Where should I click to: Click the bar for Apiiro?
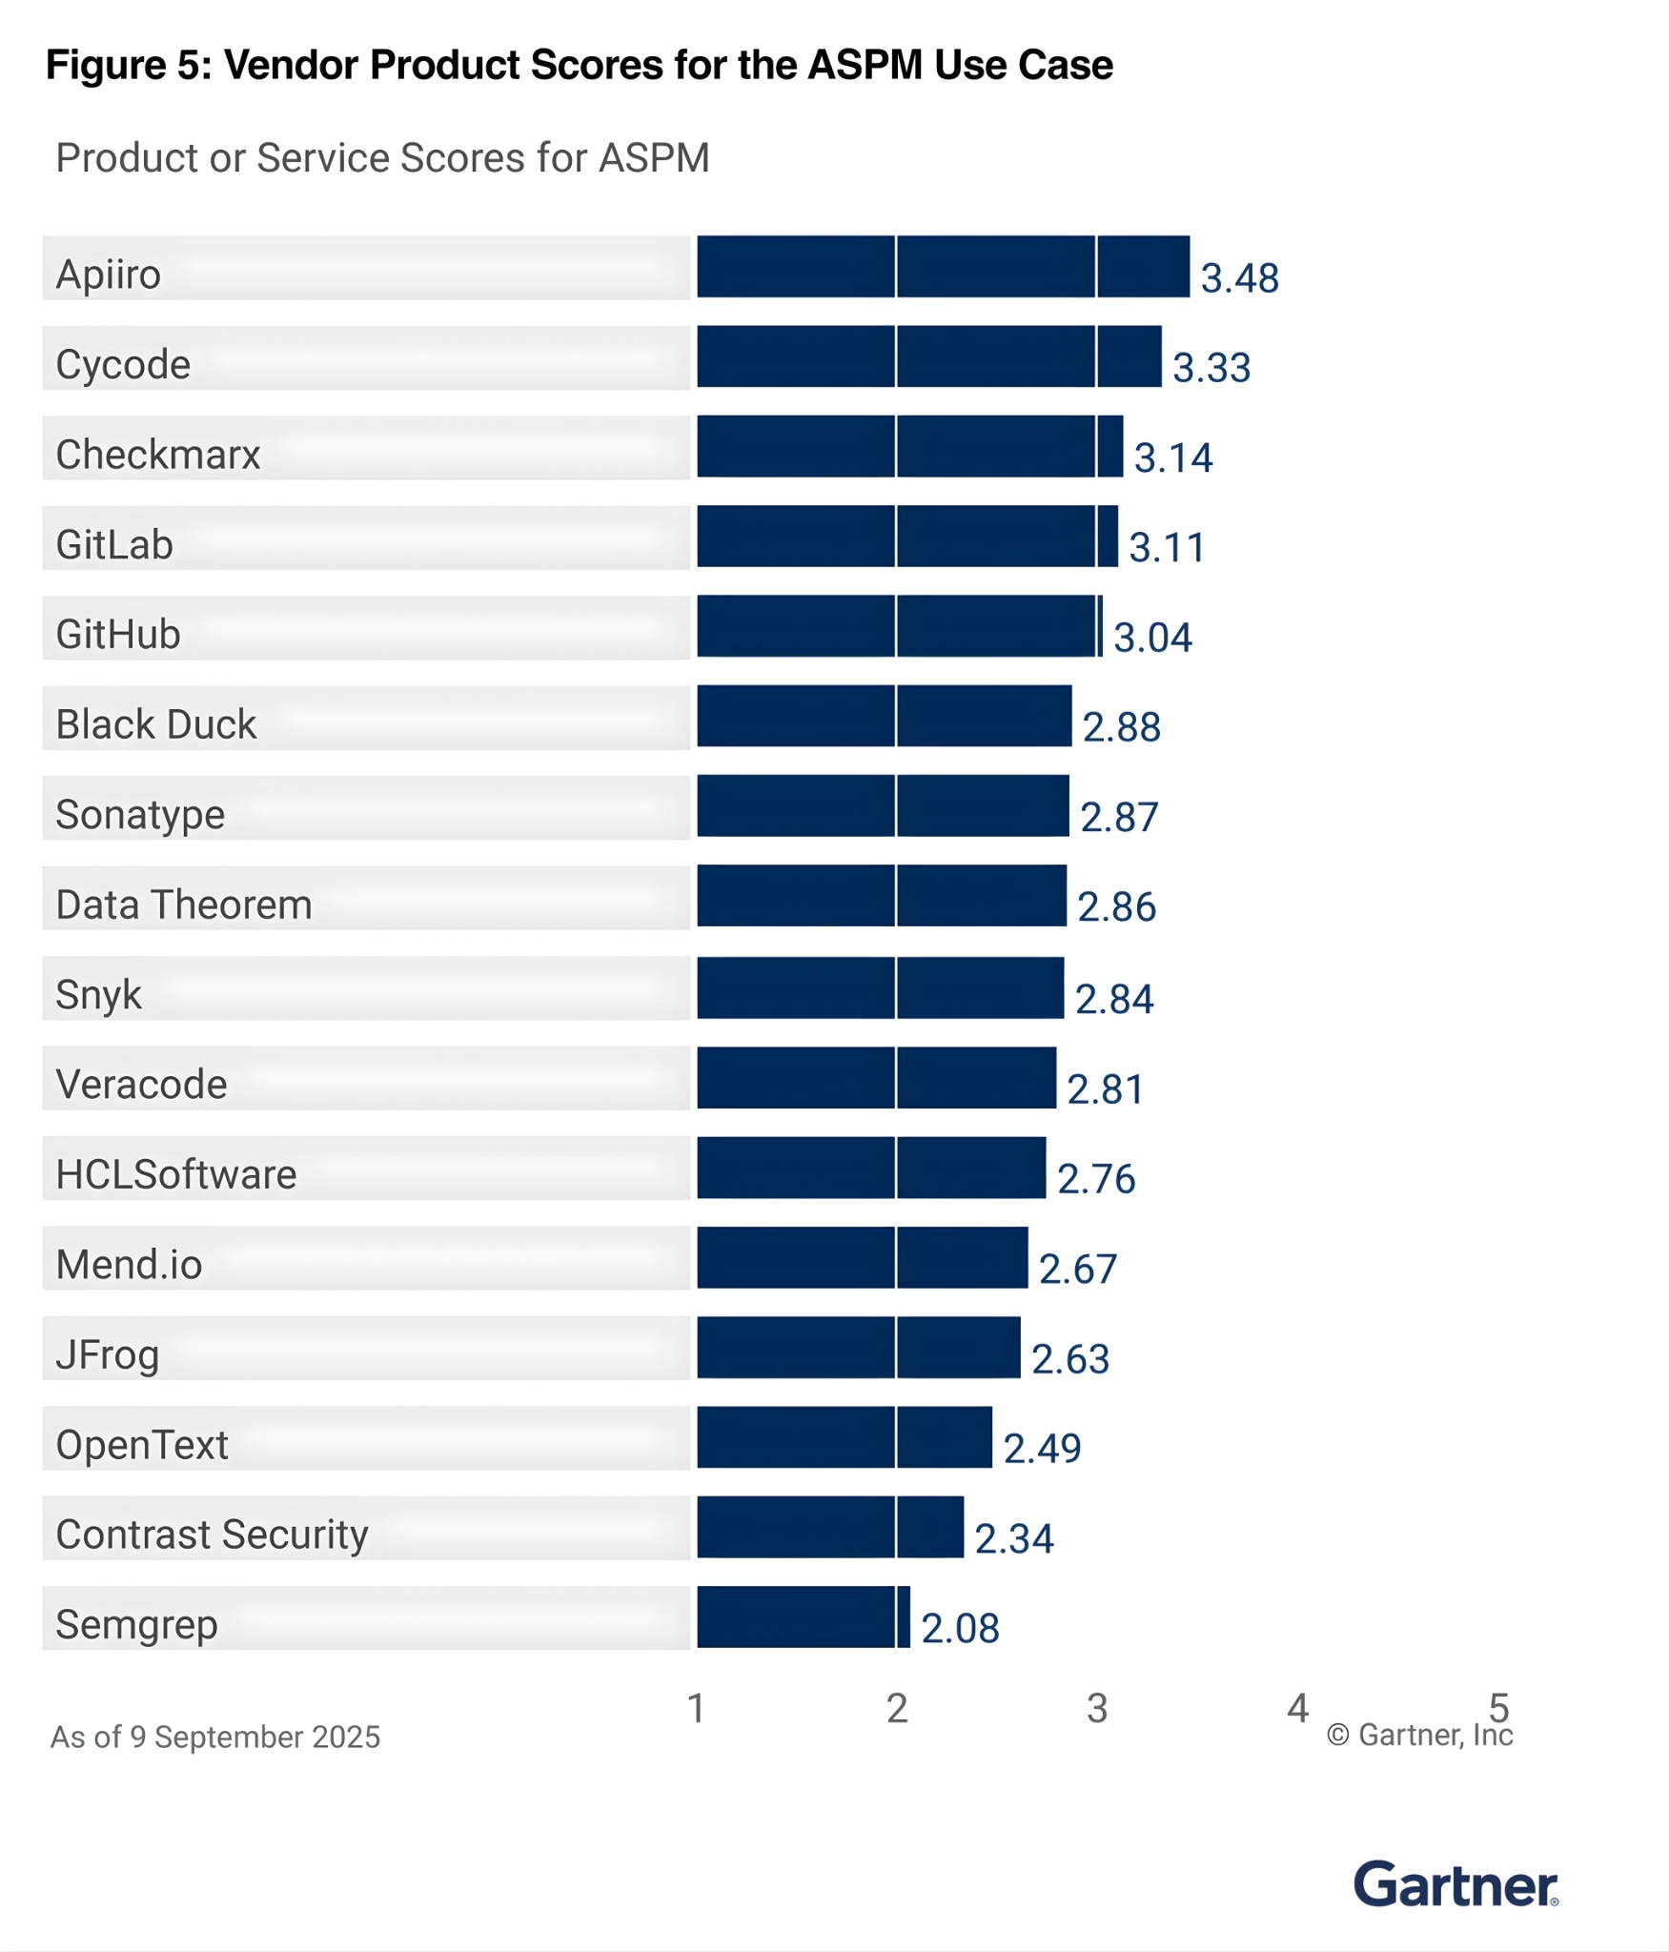click(943, 267)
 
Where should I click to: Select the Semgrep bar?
click(803, 1616)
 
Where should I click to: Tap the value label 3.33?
click(1211, 368)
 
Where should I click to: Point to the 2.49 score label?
click(1042, 1449)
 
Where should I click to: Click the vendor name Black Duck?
click(156, 724)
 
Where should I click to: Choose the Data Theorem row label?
click(184, 905)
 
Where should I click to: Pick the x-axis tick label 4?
click(1297, 1708)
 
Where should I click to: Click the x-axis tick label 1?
click(697, 1708)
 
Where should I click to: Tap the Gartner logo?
click(1455, 1883)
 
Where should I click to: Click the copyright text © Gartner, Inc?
click(1419, 1735)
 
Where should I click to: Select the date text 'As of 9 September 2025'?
click(215, 1737)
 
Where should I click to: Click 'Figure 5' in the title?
click(128, 65)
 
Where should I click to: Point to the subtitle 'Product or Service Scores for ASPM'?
click(382, 158)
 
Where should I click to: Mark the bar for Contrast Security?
click(829, 1527)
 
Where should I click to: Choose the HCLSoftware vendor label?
click(176, 1174)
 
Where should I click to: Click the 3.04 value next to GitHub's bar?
click(1152, 638)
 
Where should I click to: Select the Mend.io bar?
click(862, 1257)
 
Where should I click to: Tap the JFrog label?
click(108, 1354)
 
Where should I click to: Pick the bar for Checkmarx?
click(909, 446)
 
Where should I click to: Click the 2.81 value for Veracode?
click(1105, 1088)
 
